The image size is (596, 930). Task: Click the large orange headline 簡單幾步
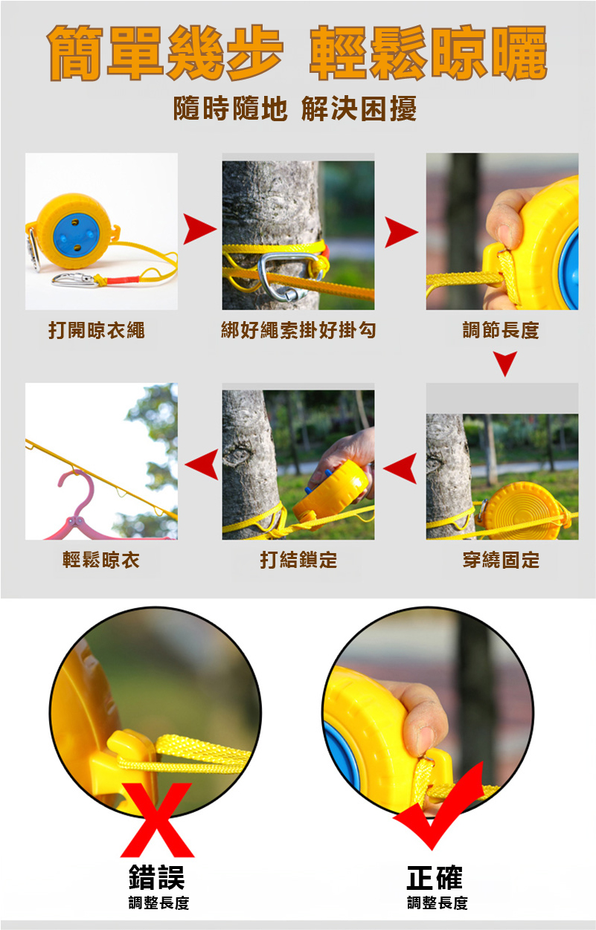(x=165, y=53)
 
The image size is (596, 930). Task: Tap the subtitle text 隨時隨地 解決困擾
(x=295, y=109)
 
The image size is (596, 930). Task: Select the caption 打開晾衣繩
(x=97, y=331)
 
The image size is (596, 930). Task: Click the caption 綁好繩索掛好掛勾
(x=298, y=331)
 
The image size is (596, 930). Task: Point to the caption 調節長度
(x=501, y=331)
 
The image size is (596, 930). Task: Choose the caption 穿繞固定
(x=502, y=560)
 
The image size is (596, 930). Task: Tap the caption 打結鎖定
(x=298, y=560)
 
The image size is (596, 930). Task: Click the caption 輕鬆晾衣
(x=101, y=560)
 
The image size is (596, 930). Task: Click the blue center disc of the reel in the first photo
(x=77, y=236)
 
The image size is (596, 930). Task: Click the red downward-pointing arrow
(x=505, y=364)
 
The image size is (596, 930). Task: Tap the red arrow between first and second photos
(x=199, y=229)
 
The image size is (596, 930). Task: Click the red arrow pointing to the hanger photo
(x=202, y=464)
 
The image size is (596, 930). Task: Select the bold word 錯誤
(x=156, y=877)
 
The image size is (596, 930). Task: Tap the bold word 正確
(x=435, y=877)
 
